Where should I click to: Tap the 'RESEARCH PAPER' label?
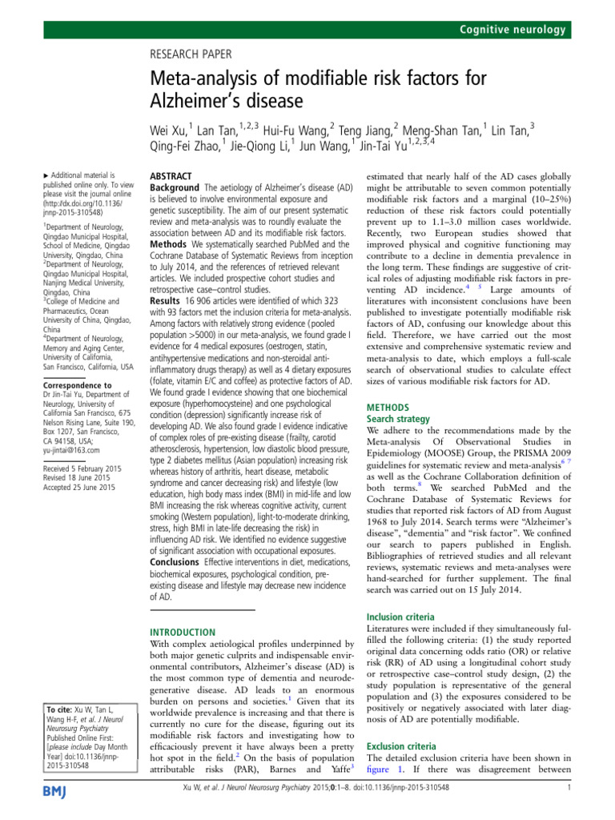click(191, 54)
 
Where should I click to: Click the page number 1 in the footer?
click(567, 810)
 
